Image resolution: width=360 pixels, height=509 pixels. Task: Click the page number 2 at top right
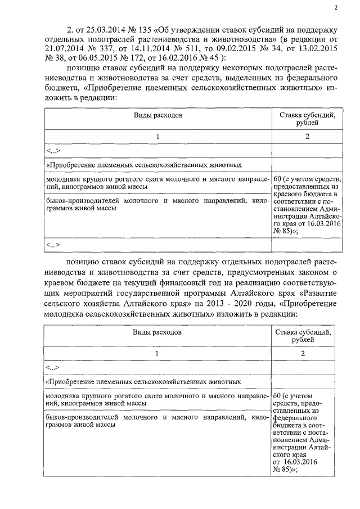335,7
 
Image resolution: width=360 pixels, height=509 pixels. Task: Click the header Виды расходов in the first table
157,115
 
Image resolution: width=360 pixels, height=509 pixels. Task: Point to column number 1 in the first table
158,137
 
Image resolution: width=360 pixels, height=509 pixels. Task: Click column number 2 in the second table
303,353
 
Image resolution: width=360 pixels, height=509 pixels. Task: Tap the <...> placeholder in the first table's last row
54,245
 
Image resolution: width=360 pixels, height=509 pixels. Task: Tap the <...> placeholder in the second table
54,368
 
